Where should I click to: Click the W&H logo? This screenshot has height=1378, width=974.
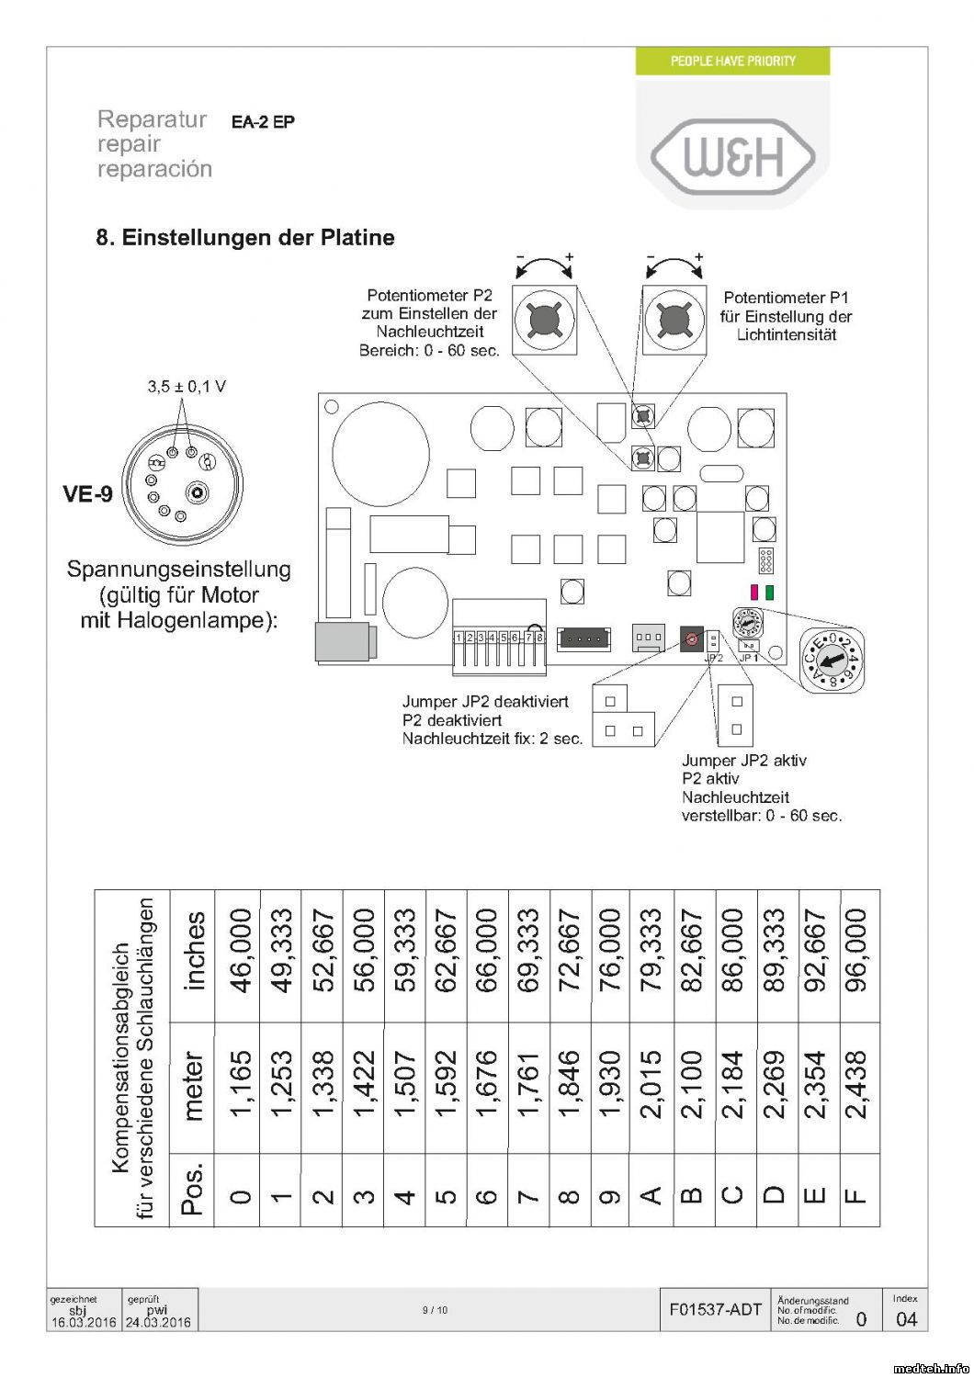pyautogui.click(x=732, y=157)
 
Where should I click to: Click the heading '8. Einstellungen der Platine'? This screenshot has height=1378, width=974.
pyautogui.click(x=245, y=237)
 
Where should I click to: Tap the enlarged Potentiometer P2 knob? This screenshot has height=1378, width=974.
pyautogui.click(x=545, y=320)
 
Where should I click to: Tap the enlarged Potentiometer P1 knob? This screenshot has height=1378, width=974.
pyautogui.click(x=674, y=320)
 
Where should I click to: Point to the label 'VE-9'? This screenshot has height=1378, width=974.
pyautogui.click(x=87, y=494)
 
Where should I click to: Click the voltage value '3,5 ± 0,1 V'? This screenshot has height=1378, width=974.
pyautogui.click(x=187, y=387)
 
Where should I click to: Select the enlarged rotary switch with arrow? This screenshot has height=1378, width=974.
pyautogui.click(x=832, y=658)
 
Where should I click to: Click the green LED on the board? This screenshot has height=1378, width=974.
pyautogui.click(x=769, y=593)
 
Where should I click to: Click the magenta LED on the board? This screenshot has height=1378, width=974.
pyautogui.click(x=754, y=593)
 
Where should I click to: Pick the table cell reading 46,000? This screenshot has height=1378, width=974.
pyautogui.click(x=240, y=950)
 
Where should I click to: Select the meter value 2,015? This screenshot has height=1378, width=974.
pyautogui.click(x=651, y=1084)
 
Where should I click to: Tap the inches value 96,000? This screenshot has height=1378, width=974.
pyautogui.click(x=855, y=950)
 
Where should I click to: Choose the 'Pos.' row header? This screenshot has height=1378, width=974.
pyautogui.click(x=192, y=1189)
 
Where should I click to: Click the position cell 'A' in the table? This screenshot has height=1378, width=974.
pyautogui.click(x=651, y=1195)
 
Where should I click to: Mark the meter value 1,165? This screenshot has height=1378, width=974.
pyautogui.click(x=240, y=1084)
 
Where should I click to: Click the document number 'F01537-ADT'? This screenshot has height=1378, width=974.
pyautogui.click(x=716, y=1310)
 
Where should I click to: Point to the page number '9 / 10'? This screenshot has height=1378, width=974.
pyautogui.click(x=436, y=1310)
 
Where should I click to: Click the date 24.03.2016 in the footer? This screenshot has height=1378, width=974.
pyautogui.click(x=158, y=1323)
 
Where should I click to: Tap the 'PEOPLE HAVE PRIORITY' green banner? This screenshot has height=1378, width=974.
pyautogui.click(x=732, y=61)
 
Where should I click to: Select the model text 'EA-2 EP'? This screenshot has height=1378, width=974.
pyautogui.click(x=263, y=122)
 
